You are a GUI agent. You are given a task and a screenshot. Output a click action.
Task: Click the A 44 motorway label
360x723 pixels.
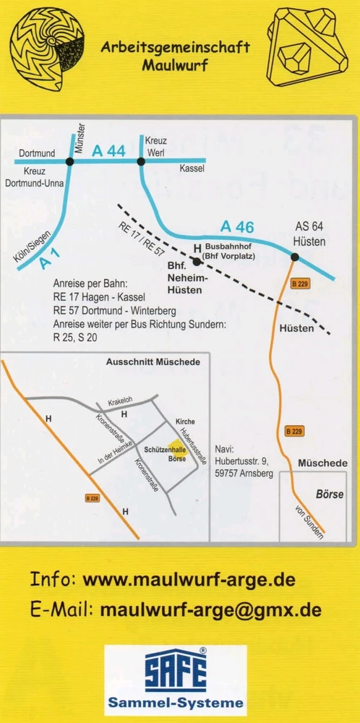(x=109, y=150)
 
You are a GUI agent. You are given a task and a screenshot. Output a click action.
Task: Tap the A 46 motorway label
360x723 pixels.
(x=237, y=226)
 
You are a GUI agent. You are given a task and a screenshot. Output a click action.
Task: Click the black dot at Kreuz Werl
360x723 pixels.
(x=141, y=161)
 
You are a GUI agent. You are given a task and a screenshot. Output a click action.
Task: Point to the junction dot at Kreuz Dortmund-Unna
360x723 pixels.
(x=69, y=161)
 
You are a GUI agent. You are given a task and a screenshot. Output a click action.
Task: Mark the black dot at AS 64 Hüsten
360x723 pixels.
(x=295, y=256)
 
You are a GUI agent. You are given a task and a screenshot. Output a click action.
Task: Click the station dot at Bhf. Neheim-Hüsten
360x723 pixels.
(x=197, y=261)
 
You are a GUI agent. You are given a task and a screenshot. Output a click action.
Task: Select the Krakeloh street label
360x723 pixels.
(x=121, y=400)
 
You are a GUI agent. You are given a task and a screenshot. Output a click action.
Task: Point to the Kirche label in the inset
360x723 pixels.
(x=185, y=421)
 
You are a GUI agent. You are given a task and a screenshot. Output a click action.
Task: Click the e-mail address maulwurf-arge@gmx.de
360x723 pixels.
(x=211, y=609)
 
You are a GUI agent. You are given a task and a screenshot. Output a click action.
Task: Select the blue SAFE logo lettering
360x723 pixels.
(x=175, y=670)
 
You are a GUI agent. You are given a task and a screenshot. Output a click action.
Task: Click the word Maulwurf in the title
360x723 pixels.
(x=175, y=67)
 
